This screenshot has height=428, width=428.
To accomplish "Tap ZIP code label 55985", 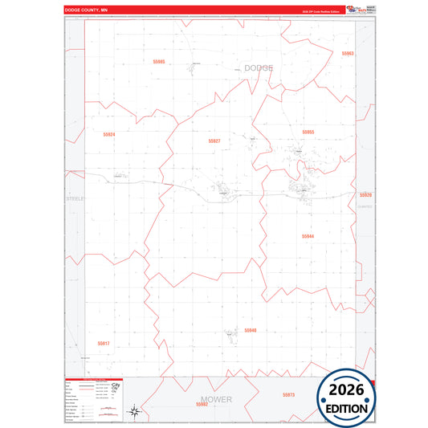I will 158,61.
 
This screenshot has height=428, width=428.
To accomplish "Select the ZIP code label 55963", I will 347,54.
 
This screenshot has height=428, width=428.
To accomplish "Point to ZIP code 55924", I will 109,134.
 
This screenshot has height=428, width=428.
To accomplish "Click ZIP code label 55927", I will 214,141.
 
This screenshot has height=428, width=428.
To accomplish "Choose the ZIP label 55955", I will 308,132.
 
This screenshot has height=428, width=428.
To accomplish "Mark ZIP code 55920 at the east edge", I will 365,195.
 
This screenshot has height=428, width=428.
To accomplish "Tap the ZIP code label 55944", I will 308,236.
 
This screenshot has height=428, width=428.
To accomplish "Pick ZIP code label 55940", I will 251,330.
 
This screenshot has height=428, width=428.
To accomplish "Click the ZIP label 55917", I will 103,343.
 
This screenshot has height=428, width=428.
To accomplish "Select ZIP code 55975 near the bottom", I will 289,394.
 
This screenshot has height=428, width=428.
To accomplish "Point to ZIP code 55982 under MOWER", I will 202,404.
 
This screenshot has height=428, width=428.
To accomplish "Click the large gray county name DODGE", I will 258,68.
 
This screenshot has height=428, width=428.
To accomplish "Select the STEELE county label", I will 75,198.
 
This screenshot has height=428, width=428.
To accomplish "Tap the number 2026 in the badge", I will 348,390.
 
